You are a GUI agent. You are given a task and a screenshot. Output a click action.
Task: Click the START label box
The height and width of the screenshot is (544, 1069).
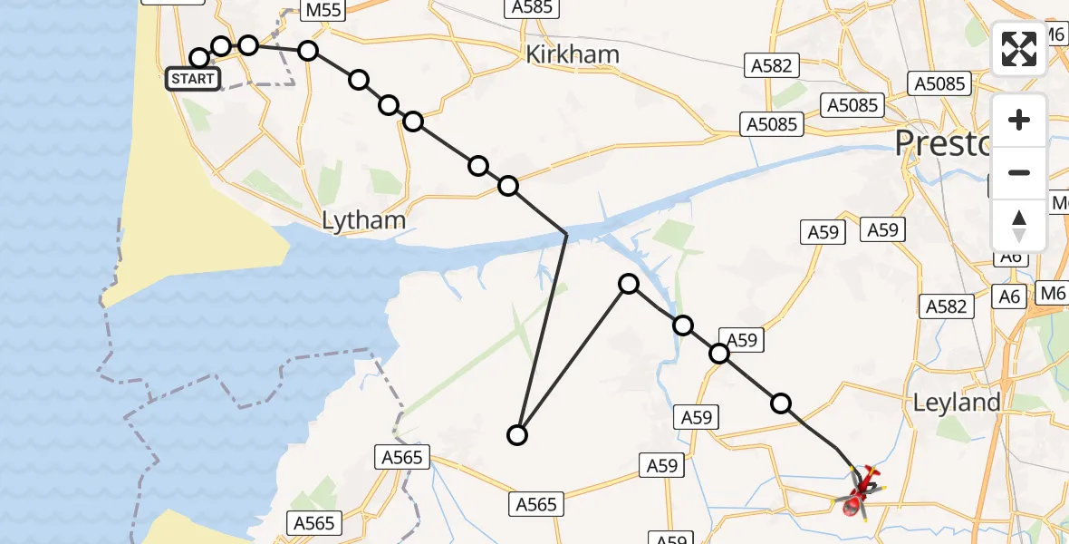pyautogui.click(x=192, y=79)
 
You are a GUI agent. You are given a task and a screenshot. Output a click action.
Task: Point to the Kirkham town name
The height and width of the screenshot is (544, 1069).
pyautogui.click(x=573, y=54)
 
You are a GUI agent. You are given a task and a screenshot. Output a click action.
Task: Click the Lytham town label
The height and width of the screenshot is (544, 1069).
pyautogui.click(x=363, y=220)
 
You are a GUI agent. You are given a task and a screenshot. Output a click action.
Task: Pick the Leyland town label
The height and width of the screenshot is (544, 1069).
pyautogui.click(x=957, y=403)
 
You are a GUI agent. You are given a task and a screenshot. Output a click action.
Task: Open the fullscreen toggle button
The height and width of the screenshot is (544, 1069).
pyautogui.click(x=1019, y=49)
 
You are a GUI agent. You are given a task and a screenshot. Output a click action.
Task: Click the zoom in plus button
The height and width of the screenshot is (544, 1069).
pyautogui.click(x=1019, y=120)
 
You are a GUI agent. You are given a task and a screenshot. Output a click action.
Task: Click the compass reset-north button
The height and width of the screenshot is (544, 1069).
pyautogui.click(x=1019, y=225)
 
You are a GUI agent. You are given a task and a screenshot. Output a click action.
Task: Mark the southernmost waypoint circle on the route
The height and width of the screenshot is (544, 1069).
pyautogui.click(x=516, y=435)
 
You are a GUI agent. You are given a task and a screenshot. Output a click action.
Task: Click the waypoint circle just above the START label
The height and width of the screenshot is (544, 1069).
pyautogui.click(x=199, y=58)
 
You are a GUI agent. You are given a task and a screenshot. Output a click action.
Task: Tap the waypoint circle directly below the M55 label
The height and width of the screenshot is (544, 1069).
pyautogui.click(x=308, y=50)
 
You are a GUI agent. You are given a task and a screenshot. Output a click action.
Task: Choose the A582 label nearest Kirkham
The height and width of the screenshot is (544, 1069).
pyautogui.click(x=771, y=65)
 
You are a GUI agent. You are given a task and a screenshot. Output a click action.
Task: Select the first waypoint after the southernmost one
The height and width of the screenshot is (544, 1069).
pyautogui.click(x=628, y=285)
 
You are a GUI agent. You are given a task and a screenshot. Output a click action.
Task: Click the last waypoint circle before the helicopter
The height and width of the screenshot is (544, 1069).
pyautogui.click(x=781, y=403)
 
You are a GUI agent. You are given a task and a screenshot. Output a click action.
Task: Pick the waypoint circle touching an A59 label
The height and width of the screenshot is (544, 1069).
pyautogui.click(x=719, y=353)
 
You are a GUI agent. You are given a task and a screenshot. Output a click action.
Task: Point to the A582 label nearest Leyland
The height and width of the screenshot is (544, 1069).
pyautogui.click(x=946, y=306)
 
